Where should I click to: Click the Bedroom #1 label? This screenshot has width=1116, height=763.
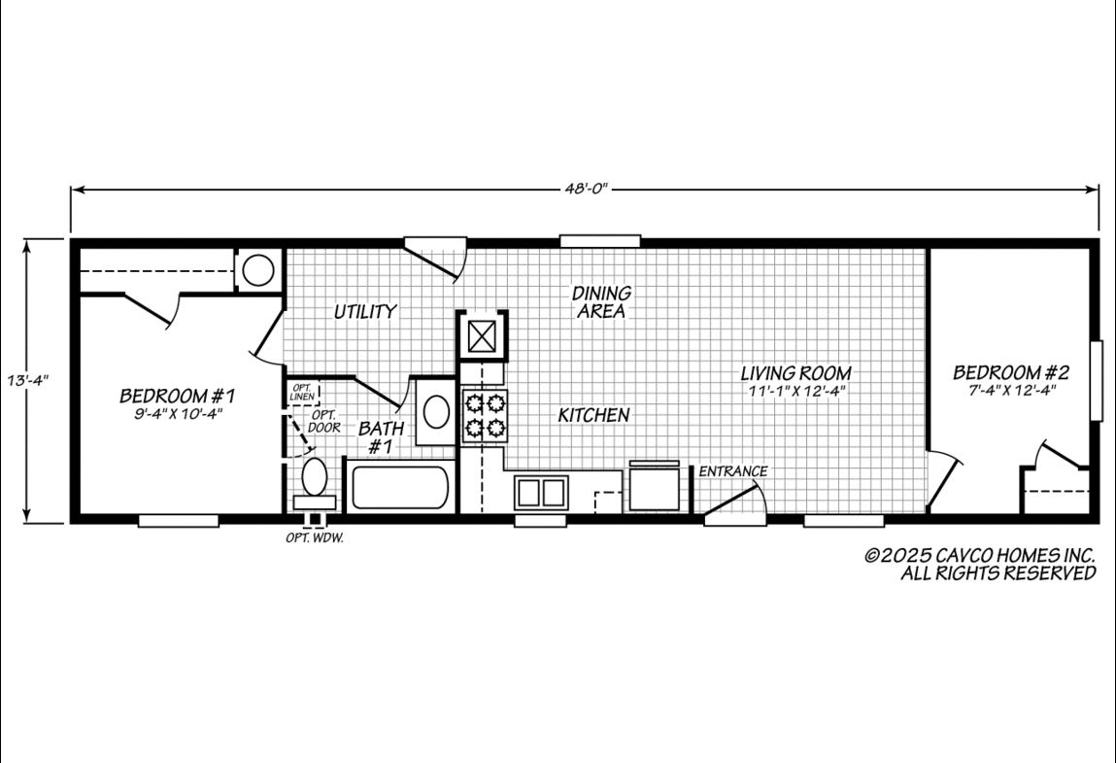point(177,396)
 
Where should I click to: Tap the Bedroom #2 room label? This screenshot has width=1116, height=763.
point(1011,372)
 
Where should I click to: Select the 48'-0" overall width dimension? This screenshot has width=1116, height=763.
point(587,189)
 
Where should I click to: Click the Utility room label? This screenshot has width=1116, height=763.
point(365,311)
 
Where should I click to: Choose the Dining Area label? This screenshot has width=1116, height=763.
point(601,302)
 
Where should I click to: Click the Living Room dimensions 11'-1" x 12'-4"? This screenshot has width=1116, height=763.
point(797,391)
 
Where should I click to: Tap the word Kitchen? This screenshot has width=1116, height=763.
point(593,415)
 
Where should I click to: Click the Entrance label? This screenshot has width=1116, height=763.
point(733,470)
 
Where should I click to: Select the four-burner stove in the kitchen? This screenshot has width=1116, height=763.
point(484,416)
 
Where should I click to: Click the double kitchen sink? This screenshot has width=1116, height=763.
point(542,492)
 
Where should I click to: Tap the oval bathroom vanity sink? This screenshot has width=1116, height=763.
point(435,412)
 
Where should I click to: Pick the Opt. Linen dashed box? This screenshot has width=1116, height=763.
point(302,393)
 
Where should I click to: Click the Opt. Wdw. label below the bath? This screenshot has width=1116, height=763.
point(315,538)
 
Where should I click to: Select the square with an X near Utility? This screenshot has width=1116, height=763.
point(482,336)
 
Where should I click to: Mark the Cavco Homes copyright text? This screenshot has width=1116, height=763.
point(980,565)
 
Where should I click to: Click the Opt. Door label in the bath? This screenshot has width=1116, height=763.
point(324,421)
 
